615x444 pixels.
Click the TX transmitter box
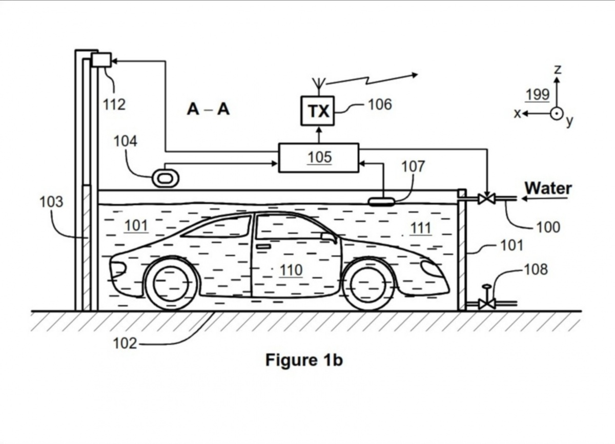pos(317,111)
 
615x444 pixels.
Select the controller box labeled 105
pos(318,158)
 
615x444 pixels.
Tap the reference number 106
pos(379,104)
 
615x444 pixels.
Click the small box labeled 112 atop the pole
pos(101,59)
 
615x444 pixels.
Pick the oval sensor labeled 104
pos(165,178)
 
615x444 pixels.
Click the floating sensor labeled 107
pos(381,202)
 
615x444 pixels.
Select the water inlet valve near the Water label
pos(486,198)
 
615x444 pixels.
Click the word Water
pos(548,188)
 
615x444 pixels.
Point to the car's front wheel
pos(368,284)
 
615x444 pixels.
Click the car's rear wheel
pos(171,284)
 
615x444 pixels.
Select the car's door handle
pos(263,246)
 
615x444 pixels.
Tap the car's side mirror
pos(329,238)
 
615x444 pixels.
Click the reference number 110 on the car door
pos(291,270)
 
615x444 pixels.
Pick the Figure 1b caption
pos(304,360)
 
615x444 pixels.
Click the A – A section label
pos(208,109)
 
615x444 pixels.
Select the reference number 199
pos(538,94)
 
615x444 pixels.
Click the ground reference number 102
pos(125,343)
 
